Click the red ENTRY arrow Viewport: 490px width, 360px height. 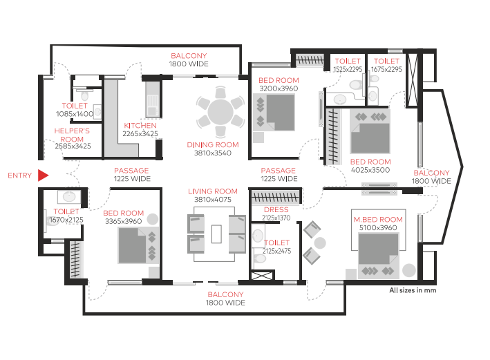43,176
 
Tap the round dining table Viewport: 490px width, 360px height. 220,112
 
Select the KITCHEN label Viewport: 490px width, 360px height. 140,126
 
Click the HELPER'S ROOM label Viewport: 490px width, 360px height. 72,135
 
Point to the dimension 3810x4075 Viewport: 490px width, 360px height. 213,200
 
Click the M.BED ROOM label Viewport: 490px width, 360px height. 378,220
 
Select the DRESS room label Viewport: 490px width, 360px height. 276,209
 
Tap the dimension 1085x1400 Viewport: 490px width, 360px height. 75,114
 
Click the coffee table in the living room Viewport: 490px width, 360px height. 216,234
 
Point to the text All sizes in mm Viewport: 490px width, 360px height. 413,290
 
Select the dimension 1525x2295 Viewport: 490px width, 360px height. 348,69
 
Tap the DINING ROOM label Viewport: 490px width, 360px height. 213,145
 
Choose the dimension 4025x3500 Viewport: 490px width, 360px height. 370,170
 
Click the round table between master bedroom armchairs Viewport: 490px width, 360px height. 320,243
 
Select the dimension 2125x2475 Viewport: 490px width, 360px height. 277,251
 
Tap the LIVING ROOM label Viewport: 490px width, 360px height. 213,191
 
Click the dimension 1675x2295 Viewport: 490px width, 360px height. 386,69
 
